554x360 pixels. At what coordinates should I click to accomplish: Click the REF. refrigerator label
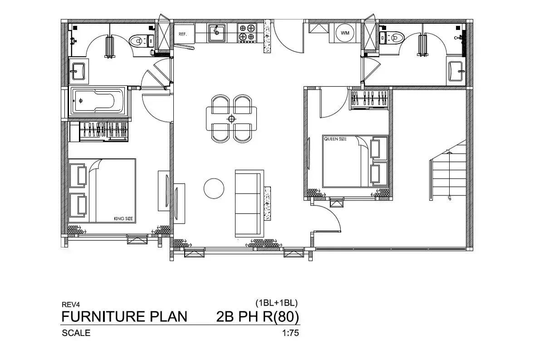click(x=182, y=34)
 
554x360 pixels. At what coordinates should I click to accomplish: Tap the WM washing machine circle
click(x=345, y=33)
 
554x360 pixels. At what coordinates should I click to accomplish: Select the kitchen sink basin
click(x=216, y=33)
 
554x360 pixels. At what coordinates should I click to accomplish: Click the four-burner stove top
click(x=247, y=33)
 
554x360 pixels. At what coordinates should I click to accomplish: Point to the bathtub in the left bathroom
click(x=98, y=101)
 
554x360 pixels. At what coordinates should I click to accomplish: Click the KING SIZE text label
click(x=123, y=219)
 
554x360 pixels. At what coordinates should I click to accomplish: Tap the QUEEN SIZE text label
click(x=335, y=139)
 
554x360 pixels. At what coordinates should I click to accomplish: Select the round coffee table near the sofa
click(x=214, y=189)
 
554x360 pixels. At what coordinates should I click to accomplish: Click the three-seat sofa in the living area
click(x=249, y=204)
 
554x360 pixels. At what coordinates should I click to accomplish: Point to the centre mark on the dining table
click(x=231, y=119)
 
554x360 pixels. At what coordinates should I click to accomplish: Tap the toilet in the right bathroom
click(x=392, y=38)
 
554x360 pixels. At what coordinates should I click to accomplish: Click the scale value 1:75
click(x=290, y=333)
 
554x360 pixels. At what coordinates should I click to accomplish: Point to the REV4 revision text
click(x=71, y=304)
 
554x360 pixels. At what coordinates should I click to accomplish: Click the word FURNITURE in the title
click(x=103, y=316)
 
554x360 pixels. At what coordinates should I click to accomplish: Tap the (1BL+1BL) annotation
click(x=276, y=303)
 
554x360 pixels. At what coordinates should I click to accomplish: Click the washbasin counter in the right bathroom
click(x=456, y=71)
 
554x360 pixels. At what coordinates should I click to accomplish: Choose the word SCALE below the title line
click(x=76, y=333)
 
